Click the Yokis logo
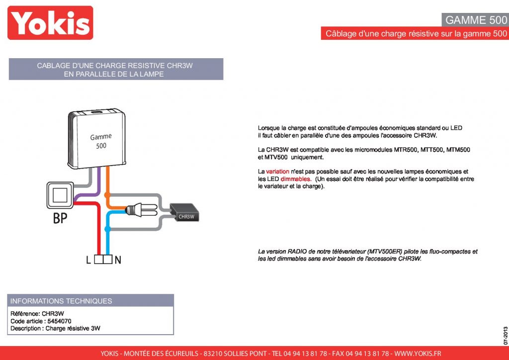pos(50,23)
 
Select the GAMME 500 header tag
pos(475,20)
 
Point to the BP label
pos(60,218)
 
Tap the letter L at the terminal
pos(88,260)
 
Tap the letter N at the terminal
pos(118,260)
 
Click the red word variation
pos(278,172)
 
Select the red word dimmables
pos(296,179)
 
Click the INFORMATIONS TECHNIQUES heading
pos(61,301)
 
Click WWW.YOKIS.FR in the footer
pos(418,354)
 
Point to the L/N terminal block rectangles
pos(103,260)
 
